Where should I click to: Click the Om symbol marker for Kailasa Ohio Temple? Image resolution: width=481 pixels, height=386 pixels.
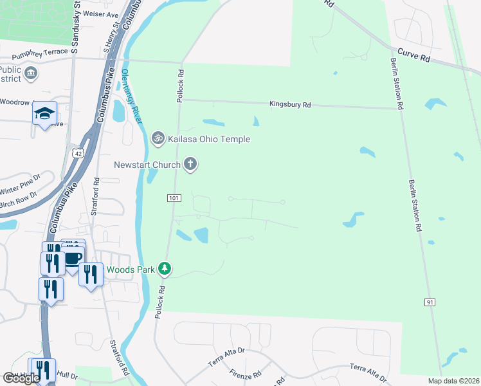click(158, 138)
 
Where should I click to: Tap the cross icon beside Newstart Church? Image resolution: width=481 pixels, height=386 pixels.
click(190, 165)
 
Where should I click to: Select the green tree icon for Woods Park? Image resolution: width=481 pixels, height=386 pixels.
click(165, 269)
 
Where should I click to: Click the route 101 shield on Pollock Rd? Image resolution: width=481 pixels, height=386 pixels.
click(172, 197)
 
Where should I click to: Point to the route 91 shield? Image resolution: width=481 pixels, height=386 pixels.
click(430, 302)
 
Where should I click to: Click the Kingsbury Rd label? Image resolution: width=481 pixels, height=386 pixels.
click(290, 104)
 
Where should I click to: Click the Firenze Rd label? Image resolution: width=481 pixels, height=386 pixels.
click(242, 374)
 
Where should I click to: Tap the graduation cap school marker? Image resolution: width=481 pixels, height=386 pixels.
click(44, 113)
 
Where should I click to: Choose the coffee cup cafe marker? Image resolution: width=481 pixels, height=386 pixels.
click(73, 257)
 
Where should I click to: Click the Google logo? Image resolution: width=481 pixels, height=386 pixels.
click(21, 378)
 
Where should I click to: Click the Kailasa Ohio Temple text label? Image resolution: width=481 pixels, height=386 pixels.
click(208, 139)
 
